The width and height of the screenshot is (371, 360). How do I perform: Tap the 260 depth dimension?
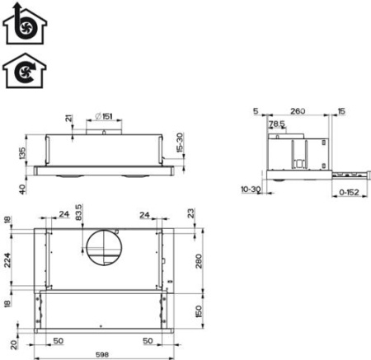click(298, 111)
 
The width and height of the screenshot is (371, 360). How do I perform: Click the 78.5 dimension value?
click(278, 124)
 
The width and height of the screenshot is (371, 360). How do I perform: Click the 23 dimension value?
click(191, 213)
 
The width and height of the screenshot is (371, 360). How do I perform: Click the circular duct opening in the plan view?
click(104, 248)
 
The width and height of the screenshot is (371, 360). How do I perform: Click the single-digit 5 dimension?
click(256, 111)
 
